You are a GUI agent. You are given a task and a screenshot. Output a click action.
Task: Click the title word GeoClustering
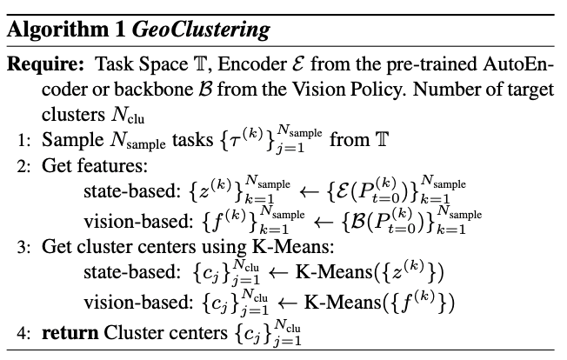coord(201,30)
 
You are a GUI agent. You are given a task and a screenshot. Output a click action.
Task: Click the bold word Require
coord(45,64)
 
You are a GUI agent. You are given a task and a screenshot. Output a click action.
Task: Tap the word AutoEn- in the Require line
coord(518,64)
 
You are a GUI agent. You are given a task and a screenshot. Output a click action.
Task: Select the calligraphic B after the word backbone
coord(205,90)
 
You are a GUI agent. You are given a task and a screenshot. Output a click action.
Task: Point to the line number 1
coord(23,140)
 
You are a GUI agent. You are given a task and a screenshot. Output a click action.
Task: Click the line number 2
coord(23,166)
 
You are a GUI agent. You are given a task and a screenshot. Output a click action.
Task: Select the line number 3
coord(23,247)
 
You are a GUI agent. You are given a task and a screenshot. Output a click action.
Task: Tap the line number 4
coord(23,333)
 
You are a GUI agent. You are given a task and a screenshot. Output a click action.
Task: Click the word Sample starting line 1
coord(73,140)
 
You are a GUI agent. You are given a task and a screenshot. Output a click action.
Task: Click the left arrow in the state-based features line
coord(309,192)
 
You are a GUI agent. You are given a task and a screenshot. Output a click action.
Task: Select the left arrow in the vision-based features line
coord(323,222)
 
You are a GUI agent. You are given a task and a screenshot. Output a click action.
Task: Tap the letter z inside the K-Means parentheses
coord(397,274)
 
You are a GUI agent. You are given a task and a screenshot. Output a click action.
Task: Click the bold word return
coord(70,333)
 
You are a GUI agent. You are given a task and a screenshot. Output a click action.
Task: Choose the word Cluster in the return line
coord(132,332)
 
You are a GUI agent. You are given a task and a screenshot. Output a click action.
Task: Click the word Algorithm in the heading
coord(58,30)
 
